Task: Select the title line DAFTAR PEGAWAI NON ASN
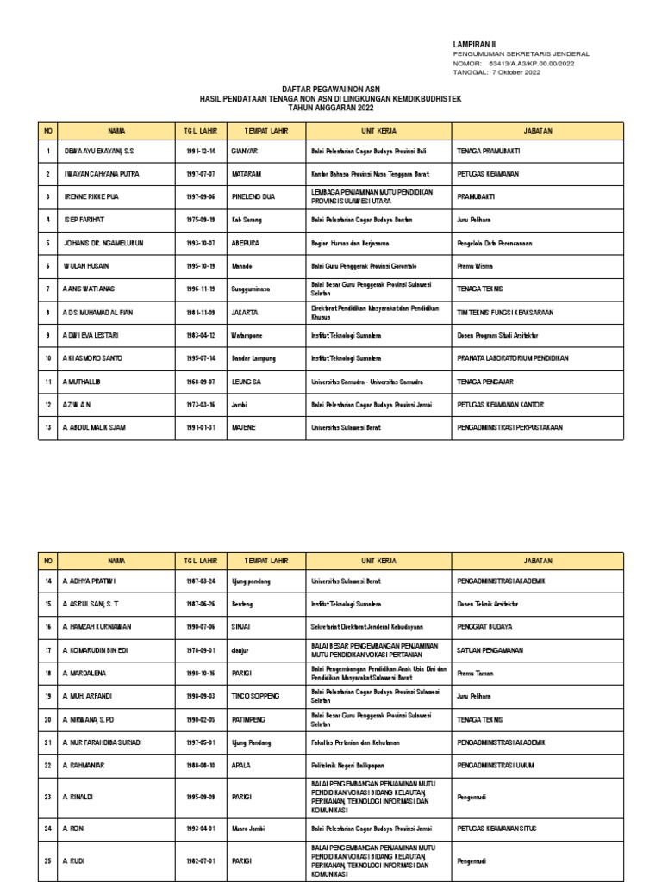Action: tap(331, 90)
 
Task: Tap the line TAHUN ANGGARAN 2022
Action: tap(331, 108)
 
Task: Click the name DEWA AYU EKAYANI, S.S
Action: tap(100, 151)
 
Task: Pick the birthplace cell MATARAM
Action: tap(246, 174)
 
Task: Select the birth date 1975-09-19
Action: tap(200, 220)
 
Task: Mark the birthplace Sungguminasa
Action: tap(252, 289)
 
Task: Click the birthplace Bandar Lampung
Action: tap(254, 357)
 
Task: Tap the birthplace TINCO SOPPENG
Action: tap(255, 696)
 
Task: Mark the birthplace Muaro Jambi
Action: tap(251, 828)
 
